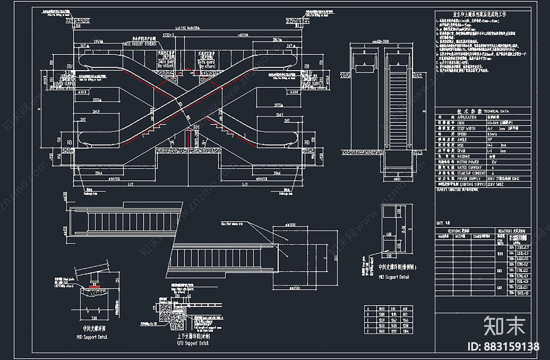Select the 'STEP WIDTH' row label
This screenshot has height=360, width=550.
(466, 128)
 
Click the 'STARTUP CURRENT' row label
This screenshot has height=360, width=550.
(471, 173)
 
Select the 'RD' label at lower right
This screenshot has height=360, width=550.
(307, 142)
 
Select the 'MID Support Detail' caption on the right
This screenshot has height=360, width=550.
(394, 277)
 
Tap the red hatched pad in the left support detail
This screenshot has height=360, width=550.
(93, 286)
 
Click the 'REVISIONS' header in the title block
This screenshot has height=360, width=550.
(459, 231)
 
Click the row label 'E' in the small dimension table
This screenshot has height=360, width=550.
(368, 331)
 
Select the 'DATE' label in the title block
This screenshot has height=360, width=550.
(440, 223)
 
